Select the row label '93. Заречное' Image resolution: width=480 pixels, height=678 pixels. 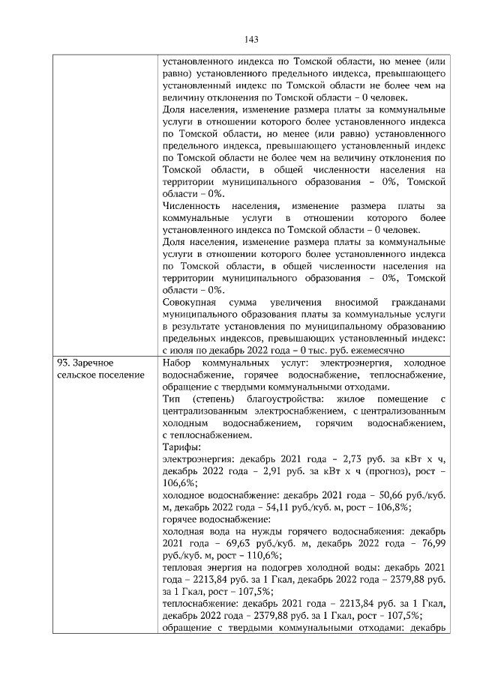click(x=88, y=363)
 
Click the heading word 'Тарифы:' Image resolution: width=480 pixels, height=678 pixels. click(x=180, y=447)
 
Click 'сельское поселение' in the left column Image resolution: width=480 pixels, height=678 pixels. click(x=100, y=375)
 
